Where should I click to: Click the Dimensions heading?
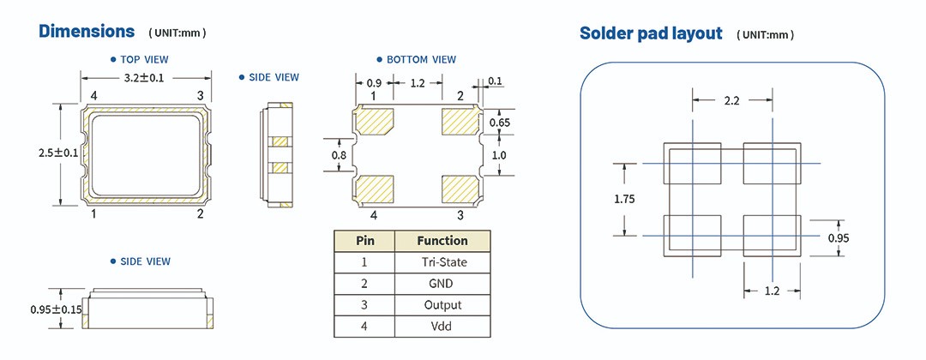tap(87, 32)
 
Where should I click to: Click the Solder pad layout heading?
tap(651, 33)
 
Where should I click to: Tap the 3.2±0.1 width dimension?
tap(145, 77)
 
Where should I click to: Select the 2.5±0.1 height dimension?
tap(59, 153)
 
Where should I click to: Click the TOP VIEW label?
tap(144, 60)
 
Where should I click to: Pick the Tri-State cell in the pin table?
tap(442, 261)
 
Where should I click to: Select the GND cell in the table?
tap(442, 283)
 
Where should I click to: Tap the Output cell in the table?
tap(442, 304)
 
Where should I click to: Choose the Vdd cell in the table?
tap(442, 326)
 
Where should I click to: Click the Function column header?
tap(442, 241)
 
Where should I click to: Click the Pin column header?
tap(364, 241)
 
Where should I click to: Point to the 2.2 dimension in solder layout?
tap(731, 100)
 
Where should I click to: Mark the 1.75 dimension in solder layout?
tap(625, 199)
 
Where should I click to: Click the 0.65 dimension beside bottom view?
tap(499, 123)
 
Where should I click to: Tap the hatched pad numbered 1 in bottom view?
tap(373, 122)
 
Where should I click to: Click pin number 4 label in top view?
tap(93, 95)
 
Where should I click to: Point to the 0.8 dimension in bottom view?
tap(340, 155)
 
